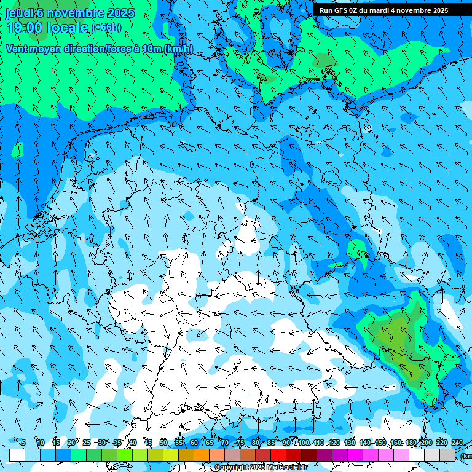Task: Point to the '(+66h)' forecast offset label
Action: point(106,28)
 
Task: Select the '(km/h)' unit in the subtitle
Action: point(178,49)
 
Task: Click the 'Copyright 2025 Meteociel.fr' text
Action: point(261,468)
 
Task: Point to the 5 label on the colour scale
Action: point(23,442)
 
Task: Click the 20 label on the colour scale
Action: point(71,442)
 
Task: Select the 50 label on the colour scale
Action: point(163,442)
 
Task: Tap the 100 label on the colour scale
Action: point(304,442)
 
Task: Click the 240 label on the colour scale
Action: point(457,442)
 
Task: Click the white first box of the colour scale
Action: point(17,455)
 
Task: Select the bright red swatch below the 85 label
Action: point(278,455)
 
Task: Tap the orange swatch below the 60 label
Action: point(202,455)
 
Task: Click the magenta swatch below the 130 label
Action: point(355,455)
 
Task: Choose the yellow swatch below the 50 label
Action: point(171,455)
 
